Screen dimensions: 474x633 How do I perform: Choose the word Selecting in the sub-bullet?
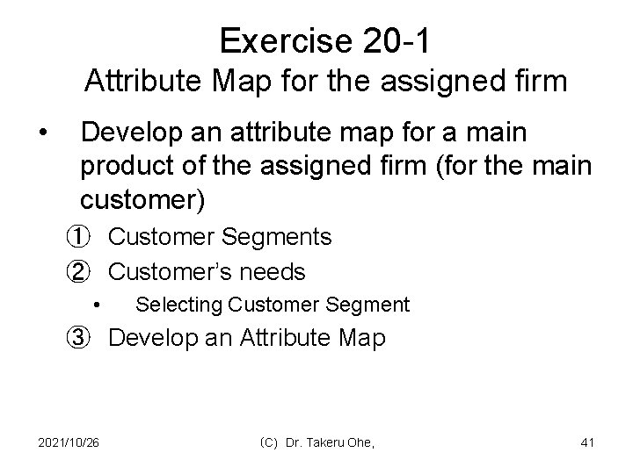tap(179, 305)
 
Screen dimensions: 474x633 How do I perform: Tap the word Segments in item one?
tap(280, 236)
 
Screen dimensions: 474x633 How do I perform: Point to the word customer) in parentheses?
tap(142, 200)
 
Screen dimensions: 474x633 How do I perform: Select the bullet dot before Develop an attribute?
tap(41, 133)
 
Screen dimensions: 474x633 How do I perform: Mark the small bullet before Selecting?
tap(98, 305)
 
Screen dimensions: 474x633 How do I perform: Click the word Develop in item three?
tap(152, 338)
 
